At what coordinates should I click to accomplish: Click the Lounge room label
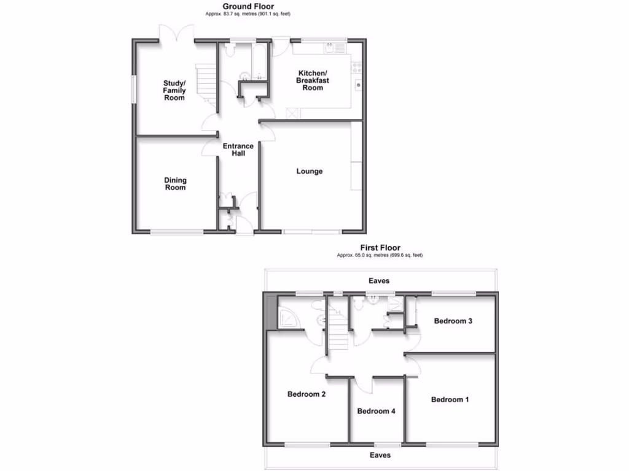tap(310, 171)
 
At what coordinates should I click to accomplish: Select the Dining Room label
tap(175, 184)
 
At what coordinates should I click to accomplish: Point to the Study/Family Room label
tap(174, 90)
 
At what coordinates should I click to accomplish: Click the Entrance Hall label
tap(238, 150)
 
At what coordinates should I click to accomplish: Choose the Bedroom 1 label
tap(450, 399)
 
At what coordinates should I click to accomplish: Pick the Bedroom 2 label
tap(307, 394)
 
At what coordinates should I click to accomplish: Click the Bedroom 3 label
tap(453, 321)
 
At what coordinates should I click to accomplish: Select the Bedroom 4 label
tap(376, 411)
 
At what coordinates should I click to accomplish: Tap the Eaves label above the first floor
tap(379, 281)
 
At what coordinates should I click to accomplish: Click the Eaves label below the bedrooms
tap(380, 455)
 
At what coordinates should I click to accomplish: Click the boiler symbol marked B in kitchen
tap(357, 84)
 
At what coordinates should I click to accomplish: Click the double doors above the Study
tap(176, 33)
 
